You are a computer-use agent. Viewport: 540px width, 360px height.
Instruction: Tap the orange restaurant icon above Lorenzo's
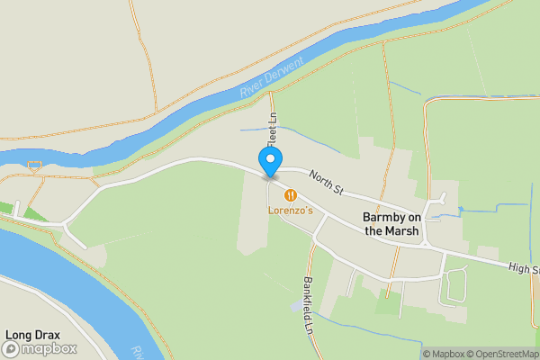290,193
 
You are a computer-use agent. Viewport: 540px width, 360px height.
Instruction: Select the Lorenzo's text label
290,211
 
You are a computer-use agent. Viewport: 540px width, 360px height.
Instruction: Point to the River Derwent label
272,79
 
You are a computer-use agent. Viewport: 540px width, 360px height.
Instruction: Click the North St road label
326,183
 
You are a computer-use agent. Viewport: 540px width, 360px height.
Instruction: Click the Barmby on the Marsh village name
391,224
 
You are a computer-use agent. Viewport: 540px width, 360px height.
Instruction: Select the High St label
523,268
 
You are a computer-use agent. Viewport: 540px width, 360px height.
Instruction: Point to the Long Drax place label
32,335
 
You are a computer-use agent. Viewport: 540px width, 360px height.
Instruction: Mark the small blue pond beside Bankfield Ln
297,306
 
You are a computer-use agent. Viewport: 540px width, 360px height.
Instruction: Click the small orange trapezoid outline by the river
35,166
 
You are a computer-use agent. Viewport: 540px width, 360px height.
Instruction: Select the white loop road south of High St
454,287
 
